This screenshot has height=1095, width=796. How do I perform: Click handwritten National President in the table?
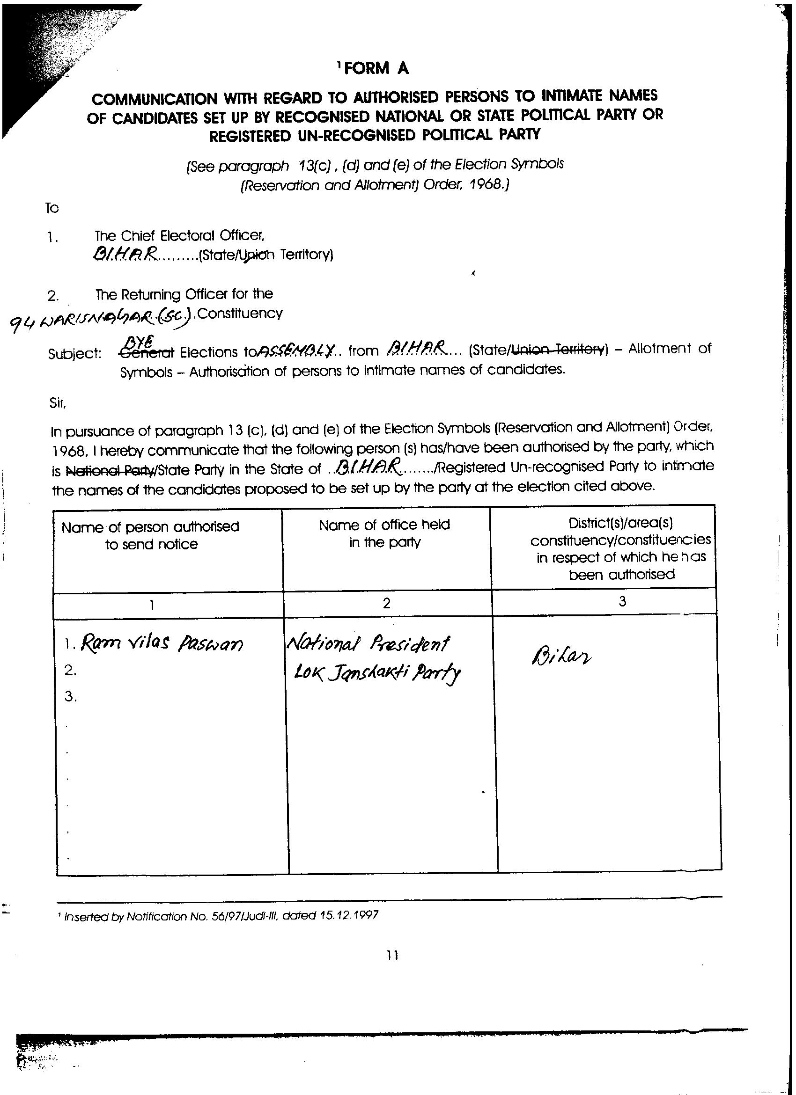pyautogui.click(x=368, y=642)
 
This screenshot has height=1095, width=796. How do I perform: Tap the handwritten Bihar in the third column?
pyautogui.click(x=561, y=657)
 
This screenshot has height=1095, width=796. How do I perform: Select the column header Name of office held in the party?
pyautogui.click(x=384, y=533)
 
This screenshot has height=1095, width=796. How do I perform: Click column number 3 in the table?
pyautogui.click(x=622, y=602)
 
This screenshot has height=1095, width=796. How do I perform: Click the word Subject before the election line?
pyautogui.click(x=74, y=354)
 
